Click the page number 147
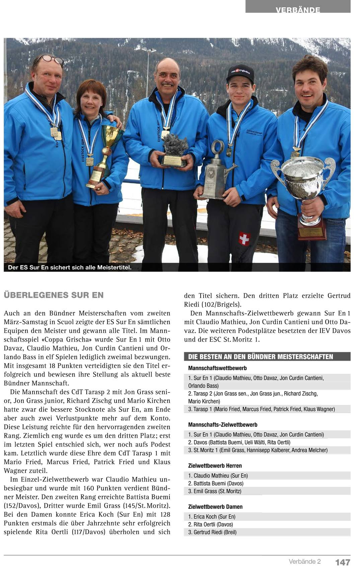(x=343, y=562)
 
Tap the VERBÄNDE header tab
(x=298, y=9)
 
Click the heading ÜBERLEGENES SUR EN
(x=54, y=295)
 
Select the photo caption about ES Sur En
(x=70, y=267)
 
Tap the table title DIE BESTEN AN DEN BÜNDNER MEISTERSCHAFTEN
(x=261, y=357)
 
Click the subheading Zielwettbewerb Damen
(x=215, y=507)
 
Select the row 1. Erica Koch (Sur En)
(x=212, y=516)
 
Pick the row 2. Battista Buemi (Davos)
(x=216, y=483)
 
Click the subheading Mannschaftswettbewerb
(x=217, y=368)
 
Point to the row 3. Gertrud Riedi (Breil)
(x=212, y=532)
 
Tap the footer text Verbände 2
(x=305, y=561)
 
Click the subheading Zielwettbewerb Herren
(x=215, y=466)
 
